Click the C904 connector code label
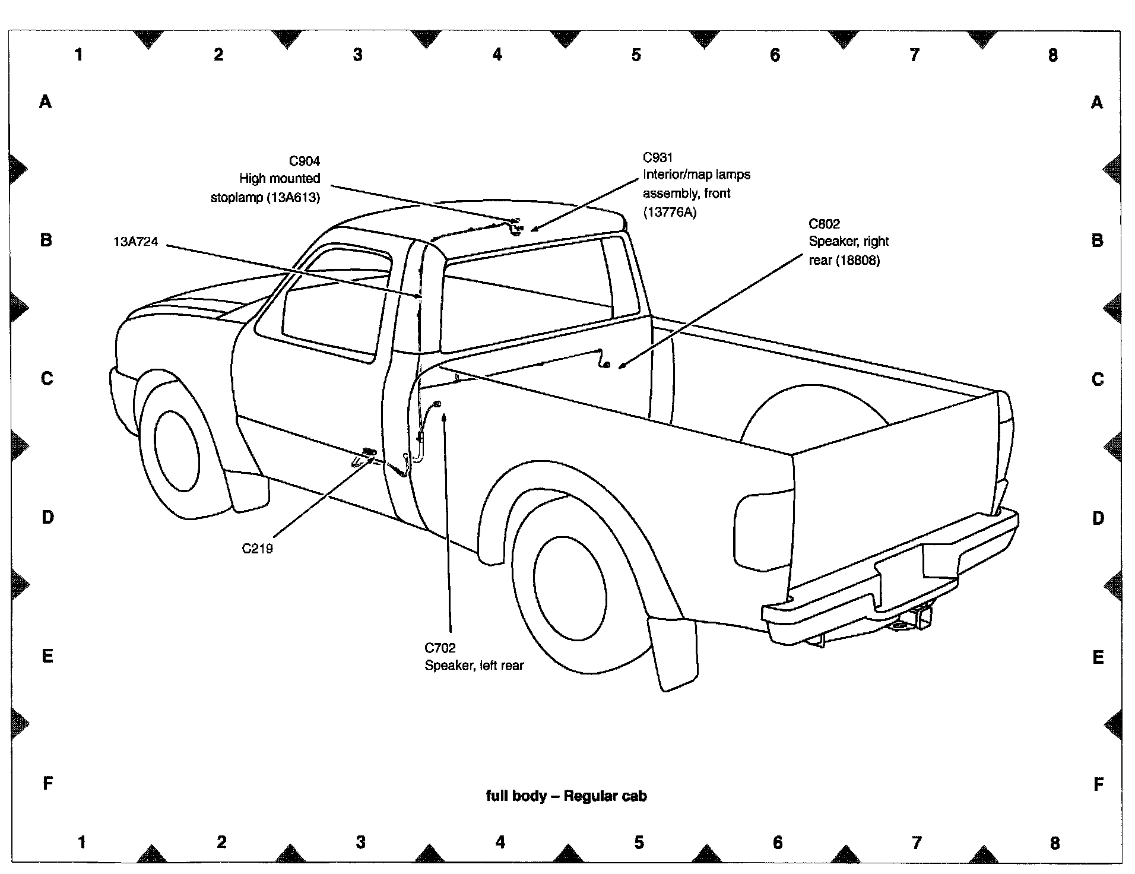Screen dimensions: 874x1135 coord(304,161)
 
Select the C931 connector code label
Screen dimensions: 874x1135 coord(658,157)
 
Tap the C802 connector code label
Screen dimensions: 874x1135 coord(824,224)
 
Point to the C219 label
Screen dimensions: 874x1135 coord(258,549)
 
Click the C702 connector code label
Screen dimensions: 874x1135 coord(440,648)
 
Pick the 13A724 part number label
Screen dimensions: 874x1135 coord(135,242)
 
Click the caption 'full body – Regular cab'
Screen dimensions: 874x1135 coord(566,796)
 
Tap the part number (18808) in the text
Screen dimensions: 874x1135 coord(858,260)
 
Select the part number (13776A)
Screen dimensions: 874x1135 coord(670,212)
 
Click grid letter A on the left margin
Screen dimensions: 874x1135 coord(46,102)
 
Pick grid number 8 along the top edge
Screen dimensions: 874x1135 coord(1052,55)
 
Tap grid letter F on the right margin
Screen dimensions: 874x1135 coord(1098,784)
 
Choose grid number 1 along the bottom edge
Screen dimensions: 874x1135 coord(82,841)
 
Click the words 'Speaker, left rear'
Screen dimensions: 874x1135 coord(474,666)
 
